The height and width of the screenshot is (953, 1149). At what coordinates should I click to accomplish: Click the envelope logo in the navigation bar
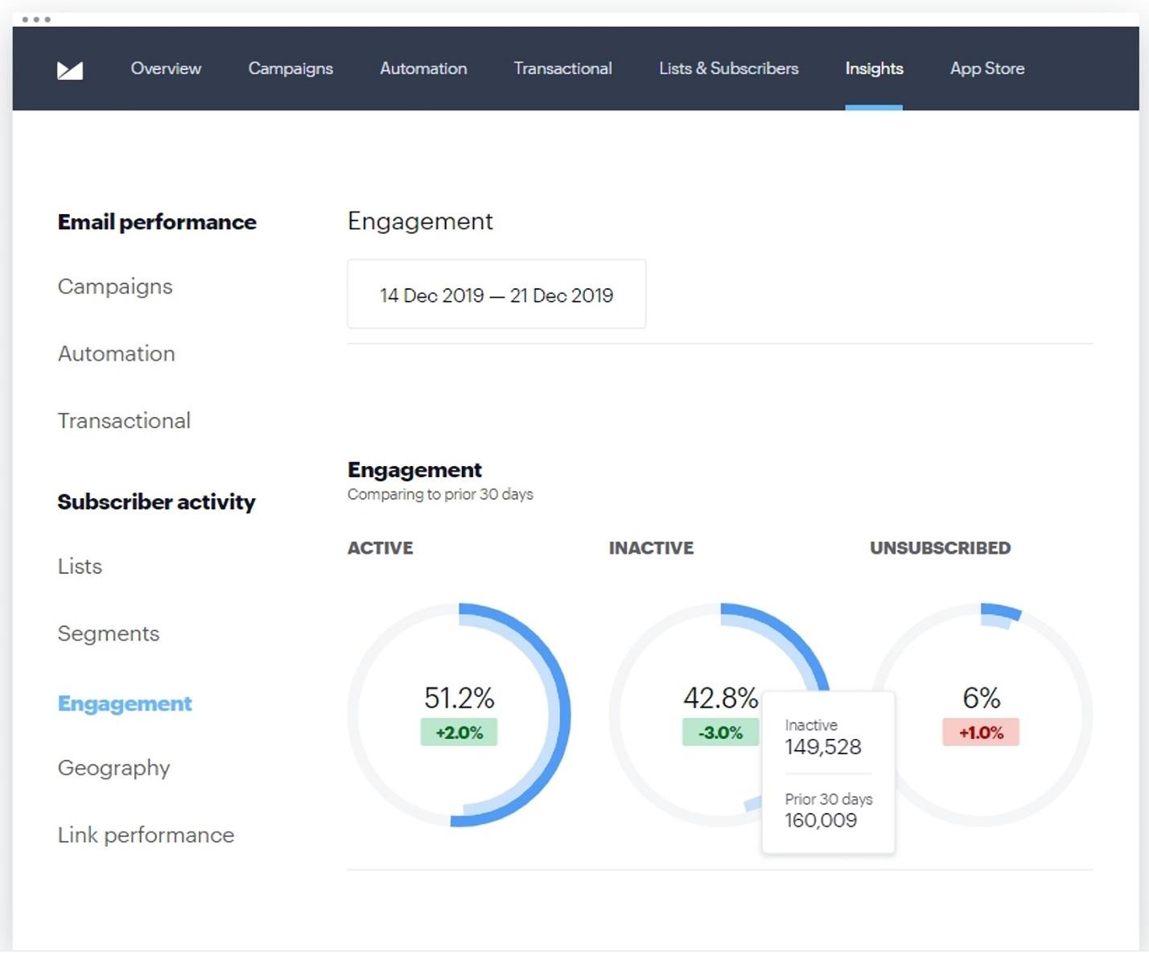tap(70, 70)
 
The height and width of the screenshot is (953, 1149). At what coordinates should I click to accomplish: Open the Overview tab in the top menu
tap(166, 68)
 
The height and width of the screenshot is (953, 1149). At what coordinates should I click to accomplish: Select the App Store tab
tap(986, 68)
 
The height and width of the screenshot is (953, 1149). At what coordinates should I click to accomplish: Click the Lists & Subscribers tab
tap(728, 68)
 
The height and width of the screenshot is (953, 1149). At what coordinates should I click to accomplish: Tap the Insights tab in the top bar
tap(874, 68)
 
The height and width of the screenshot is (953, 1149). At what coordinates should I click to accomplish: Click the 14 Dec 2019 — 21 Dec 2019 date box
tap(496, 295)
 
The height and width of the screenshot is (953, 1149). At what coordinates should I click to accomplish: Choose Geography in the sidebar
tap(113, 768)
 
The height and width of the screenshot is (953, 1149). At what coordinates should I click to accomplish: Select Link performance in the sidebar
tap(146, 835)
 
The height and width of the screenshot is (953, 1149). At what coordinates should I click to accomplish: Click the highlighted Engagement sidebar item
tap(125, 703)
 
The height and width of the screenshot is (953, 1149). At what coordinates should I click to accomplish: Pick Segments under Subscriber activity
tap(109, 633)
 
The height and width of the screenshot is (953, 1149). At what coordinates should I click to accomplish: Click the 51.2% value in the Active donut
tap(459, 697)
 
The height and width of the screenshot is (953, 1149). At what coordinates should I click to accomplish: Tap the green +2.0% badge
tap(459, 732)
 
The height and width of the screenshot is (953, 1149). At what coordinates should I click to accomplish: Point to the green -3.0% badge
tap(720, 732)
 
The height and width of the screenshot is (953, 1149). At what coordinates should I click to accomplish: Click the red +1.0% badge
tap(981, 732)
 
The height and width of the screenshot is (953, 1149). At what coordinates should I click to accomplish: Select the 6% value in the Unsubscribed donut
tap(981, 697)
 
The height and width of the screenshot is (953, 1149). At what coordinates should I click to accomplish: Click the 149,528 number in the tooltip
tap(822, 747)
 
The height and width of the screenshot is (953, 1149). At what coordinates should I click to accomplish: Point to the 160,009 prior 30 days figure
tap(821, 820)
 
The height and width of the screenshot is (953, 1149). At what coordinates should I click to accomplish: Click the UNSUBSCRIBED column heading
tap(940, 548)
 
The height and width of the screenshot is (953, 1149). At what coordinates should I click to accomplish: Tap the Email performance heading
tap(157, 222)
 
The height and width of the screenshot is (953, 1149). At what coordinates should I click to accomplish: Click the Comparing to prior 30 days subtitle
tap(440, 494)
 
